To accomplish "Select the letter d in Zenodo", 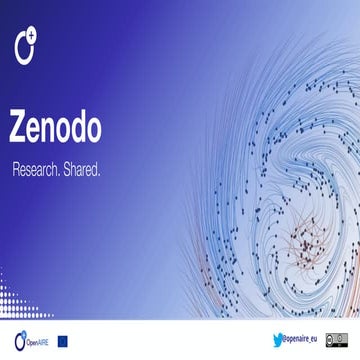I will click(x=82, y=126).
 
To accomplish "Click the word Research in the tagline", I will click(x=40, y=170).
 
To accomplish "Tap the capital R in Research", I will click(x=16, y=170).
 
